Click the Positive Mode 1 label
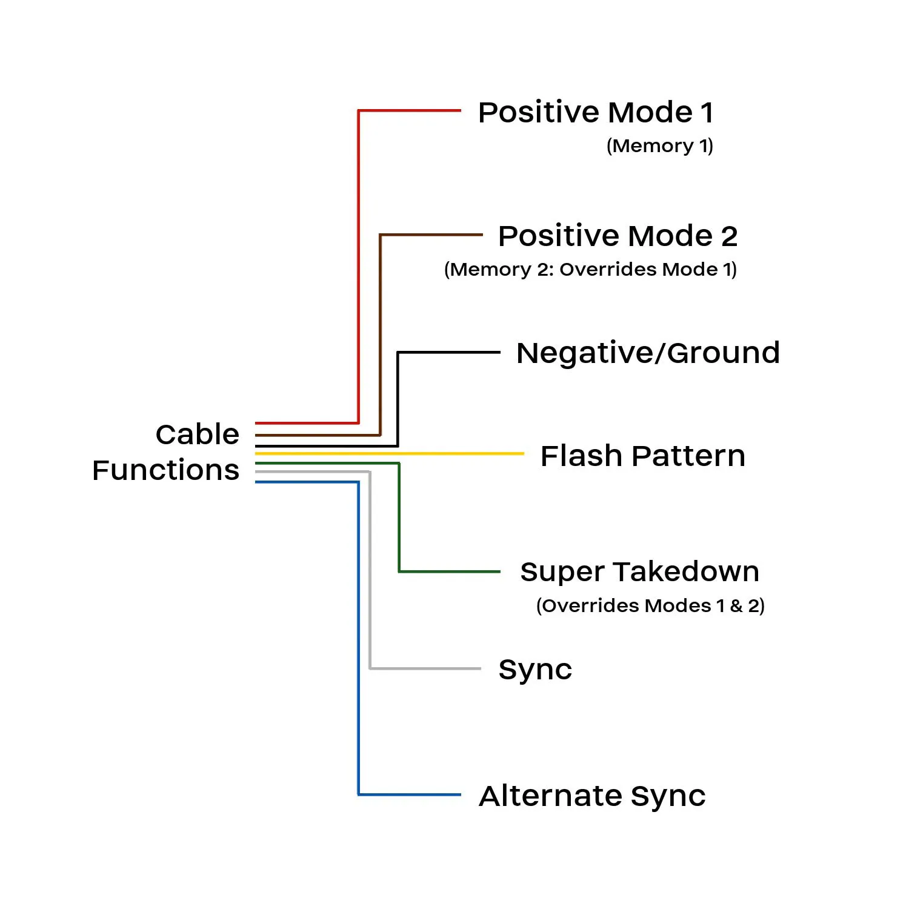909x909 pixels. click(x=596, y=113)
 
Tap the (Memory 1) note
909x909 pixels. click(x=659, y=146)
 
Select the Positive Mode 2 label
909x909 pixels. click(x=618, y=236)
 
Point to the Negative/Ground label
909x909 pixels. click(x=647, y=353)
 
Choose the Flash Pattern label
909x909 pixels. click(x=642, y=456)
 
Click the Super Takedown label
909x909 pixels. click(x=639, y=572)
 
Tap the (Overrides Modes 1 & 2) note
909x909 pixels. click(x=650, y=605)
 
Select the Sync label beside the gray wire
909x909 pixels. click(x=535, y=670)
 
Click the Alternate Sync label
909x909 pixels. click(x=592, y=796)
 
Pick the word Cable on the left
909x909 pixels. click(x=198, y=435)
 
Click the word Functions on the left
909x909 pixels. click(x=166, y=470)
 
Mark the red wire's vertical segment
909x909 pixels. click(x=359, y=267)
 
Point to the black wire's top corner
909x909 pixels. click(x=398, y=352)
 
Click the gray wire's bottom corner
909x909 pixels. click(x=370, y=668)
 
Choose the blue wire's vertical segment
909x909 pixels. click(x=359, y=636)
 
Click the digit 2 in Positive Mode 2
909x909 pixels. click(x=729, y=236)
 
